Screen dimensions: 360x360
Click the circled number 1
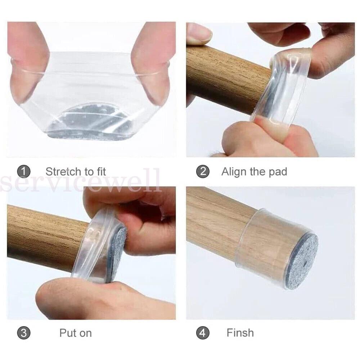(x=24, y=171)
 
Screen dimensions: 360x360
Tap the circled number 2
(x=203, y=171)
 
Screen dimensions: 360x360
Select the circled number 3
(x=24, y=333)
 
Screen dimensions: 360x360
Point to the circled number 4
(x=203, y=333)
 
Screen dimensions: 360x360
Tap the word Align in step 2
(x=234, y=171)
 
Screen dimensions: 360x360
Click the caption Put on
(x=76, y=333)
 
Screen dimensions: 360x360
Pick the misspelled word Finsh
(x=240, y=333)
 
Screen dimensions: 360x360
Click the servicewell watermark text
(x=80, y=181)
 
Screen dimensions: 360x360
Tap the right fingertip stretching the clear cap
(x=153, y=64)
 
